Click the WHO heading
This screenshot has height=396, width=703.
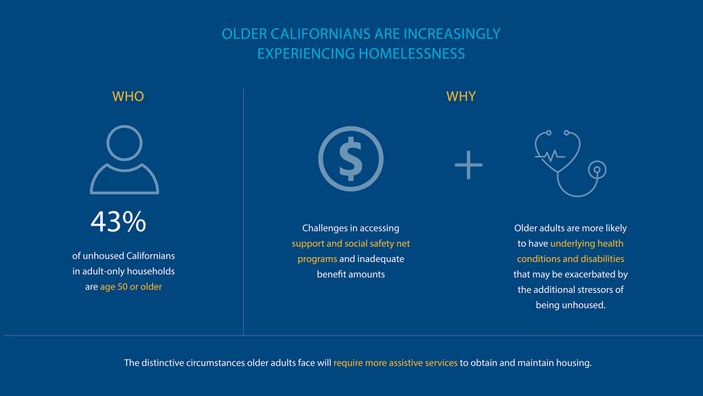click(x=128, y=96)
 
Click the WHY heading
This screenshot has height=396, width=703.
click(x=461, y=96)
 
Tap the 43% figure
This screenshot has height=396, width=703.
click(x=118, y=221)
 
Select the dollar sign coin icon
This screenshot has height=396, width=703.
click(x=351, y=159)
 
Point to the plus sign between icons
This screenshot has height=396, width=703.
click(x=468, y=165)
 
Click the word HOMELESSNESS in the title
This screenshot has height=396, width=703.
click(x=412, y=54)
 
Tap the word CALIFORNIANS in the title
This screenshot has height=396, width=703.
click(x=321, y=34)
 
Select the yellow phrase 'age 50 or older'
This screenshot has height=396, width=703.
click(x=131, y=287)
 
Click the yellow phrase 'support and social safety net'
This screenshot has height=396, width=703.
click(x=351, y=243)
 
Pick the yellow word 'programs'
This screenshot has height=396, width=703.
click(x=317, y=259)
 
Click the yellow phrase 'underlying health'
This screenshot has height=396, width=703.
click(x=587, y=243)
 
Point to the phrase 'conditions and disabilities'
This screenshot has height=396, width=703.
click(x=571, y=259)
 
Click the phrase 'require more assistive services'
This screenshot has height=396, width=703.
click(x=395, y=363)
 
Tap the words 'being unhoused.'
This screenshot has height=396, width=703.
click(x=571, y=305)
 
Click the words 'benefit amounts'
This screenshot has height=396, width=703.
click(x=351, y=274)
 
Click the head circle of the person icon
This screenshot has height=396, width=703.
click(x=125, y=143)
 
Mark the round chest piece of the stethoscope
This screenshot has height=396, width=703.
click(x=597, y=170)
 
